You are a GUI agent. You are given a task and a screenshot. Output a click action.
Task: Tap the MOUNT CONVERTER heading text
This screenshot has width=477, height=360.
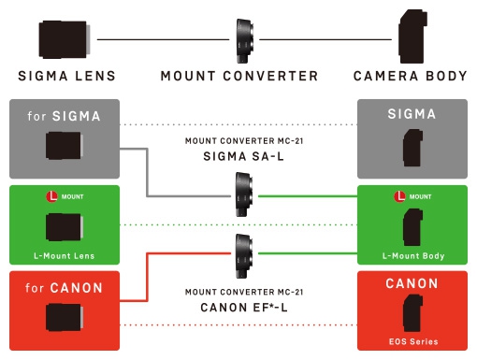238,76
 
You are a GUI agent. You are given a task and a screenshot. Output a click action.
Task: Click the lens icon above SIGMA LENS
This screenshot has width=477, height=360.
65,39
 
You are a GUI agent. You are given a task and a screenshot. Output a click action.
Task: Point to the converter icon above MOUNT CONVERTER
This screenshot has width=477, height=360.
243,39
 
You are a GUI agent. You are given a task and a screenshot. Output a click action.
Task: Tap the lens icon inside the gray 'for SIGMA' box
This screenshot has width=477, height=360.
65,148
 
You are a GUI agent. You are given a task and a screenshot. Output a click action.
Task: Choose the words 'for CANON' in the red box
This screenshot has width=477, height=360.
65,286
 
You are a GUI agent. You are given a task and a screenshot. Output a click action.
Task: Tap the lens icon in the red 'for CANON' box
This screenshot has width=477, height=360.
65,319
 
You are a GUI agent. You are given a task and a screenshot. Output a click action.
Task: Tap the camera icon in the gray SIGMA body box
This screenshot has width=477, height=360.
412,149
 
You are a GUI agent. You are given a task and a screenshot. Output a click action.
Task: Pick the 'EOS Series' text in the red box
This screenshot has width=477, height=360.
412,341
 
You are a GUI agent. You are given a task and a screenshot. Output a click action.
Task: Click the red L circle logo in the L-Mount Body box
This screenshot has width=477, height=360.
400,197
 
